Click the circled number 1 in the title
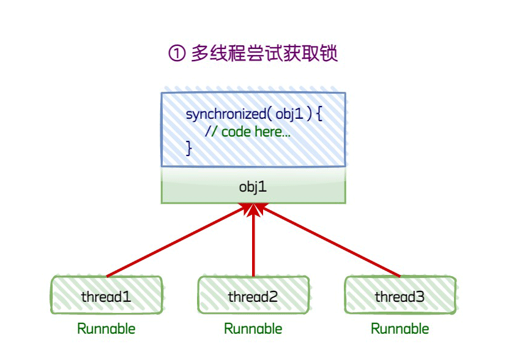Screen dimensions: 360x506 point(176,54)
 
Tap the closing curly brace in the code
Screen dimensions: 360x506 point(189,148)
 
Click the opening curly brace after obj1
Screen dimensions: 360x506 point(319,114)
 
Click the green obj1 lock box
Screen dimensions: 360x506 point(253,187)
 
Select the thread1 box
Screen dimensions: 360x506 point(106,297)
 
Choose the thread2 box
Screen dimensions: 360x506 point(253,297)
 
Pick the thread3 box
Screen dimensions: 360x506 point(400,297)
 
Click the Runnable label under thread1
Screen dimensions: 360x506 point(106,329)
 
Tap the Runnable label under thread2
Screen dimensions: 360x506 point(253,329)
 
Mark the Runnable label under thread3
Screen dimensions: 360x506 point(400,329)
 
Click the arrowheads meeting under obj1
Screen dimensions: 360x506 point(253,210)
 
